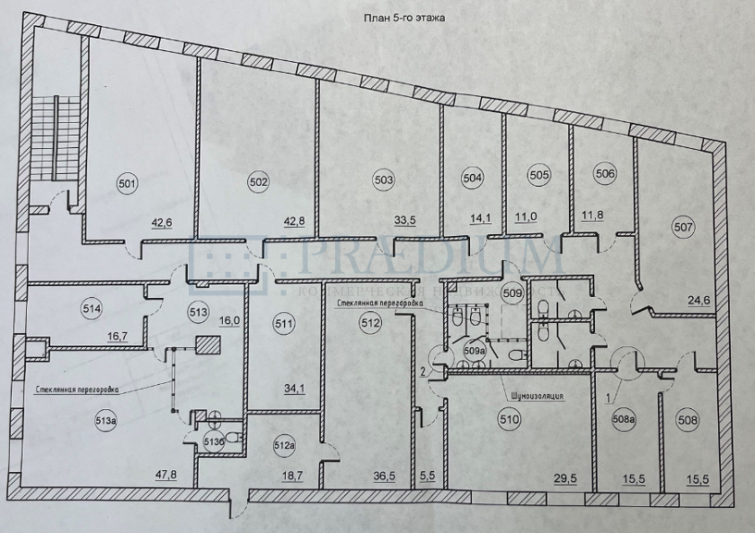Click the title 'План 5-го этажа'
pyautogui.click(x=403, y=18)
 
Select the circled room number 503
pyautogui.click(x=384, y=180)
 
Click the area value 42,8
pyautogui.click(x=294, y=222)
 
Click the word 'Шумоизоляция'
pyautogui.click(x=536, y=396)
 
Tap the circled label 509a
pyautogui.click(x=474, y=351)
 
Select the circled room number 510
pyautogui.click(x=510, y=419)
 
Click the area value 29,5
pyautogui.click(x=565, y=479)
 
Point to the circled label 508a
pyautogui.click(x=624, y=419)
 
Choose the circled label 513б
pyautogui.click(x=213, y=441)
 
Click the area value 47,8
pyautogui.click(x=166, y=475)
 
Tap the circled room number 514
pyautogui.click(x=92, y=309)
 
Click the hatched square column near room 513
pyautogui.click(x=208, y=345)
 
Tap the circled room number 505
pyautogui.click(x=538, y=174)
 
